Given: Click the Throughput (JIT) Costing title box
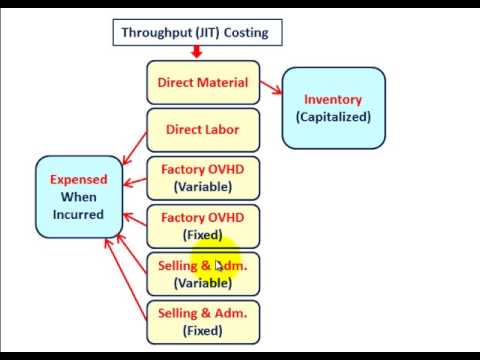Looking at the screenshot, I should tap(194, 32).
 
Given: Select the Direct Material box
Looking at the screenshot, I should tap(203, 83).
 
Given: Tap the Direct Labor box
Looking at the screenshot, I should tap(203, 129).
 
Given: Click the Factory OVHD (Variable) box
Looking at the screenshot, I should tap(203, 177).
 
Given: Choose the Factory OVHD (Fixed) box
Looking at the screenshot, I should tap(203, 225).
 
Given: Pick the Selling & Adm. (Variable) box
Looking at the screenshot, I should tap(203, 274).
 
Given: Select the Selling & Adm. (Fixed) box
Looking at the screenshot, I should tap(203, 321).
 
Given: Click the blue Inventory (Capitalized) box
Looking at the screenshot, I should tap(333, 108).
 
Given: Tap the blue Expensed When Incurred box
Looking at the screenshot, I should tap(79, 197).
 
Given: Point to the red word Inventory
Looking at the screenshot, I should tap(333, 99).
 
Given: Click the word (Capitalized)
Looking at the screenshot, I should tap(333, 117).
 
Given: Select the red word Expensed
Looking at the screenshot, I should tap(79, 180).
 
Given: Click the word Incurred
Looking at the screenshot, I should tap(79, 214).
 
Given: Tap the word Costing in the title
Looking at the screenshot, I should tap(245, 32).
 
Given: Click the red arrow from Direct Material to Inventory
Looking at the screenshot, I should tap(271, 90).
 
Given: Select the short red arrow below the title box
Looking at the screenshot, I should tap(196, 52).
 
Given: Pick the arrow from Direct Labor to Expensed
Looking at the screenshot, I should tap(134, 150).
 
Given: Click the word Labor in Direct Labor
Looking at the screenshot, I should tap(222, 129).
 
